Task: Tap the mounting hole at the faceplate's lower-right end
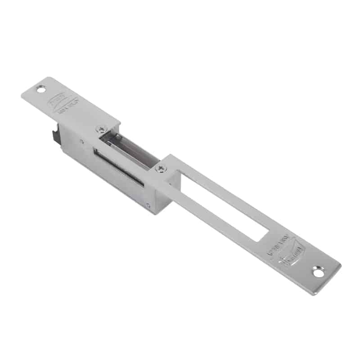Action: [x=319, y=272]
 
